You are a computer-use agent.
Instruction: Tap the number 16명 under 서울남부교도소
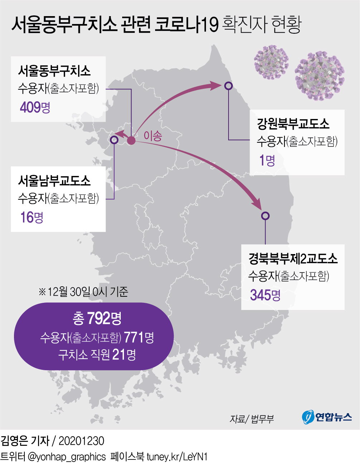[x=32, y=217]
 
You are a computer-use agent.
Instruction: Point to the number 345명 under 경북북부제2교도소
[x=265, y=295]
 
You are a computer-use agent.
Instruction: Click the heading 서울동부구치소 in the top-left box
[x=54, y=71]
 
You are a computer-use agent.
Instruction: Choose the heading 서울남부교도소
[x=54, y=181]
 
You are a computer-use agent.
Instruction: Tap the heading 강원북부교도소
[x=293, y=124]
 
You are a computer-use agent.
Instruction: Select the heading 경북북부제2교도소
[x=293, y=258]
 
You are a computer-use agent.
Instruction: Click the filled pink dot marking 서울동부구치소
[x=131, y=140]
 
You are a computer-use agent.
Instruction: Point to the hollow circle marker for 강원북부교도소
[x=229, y=86]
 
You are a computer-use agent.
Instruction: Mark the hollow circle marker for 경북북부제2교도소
[x=265, y=216]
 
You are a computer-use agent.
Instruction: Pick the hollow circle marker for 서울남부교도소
[x=114, y=139]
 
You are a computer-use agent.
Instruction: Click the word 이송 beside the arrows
[x=153, y=135]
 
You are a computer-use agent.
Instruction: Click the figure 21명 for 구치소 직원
[x=124, y=354]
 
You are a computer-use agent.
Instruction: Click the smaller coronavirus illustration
[x=271, y=62]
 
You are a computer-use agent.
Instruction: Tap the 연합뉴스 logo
[x=327, y=417]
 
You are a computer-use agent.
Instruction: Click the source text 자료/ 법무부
[x=251, y=419]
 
